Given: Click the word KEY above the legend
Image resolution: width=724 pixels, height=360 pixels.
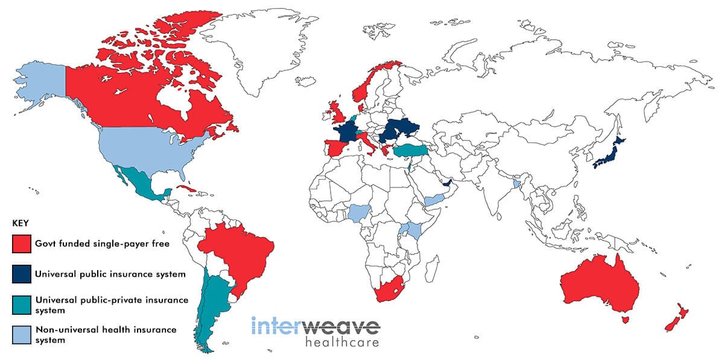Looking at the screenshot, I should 21,223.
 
